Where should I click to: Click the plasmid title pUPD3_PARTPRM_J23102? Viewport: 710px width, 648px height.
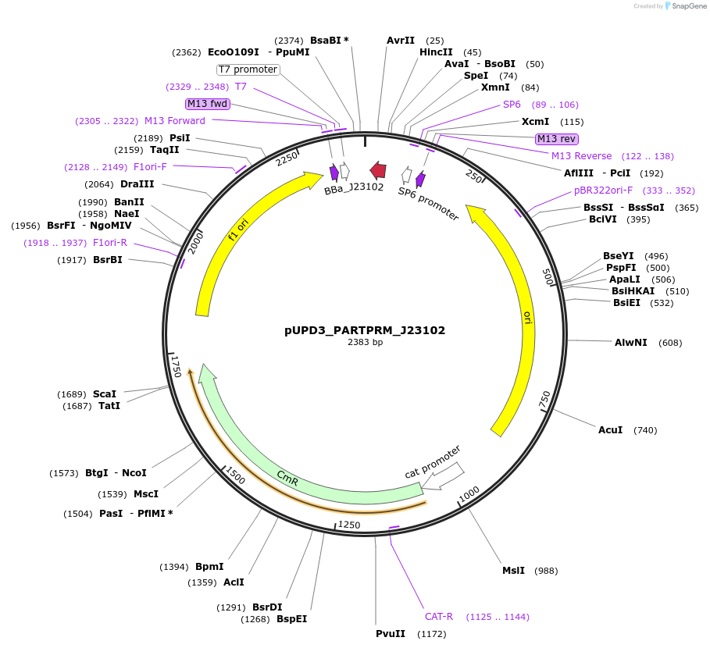pos(365,330)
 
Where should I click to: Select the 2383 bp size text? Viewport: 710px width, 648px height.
pos(365,342)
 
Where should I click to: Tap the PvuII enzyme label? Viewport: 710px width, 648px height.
pos(391,633)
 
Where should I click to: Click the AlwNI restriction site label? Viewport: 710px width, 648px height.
pos(630,342)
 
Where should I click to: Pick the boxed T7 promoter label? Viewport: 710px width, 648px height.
pos(248,69)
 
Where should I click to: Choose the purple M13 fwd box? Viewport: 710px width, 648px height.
pos(207,104)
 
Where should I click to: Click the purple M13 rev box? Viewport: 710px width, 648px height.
pos(556,139)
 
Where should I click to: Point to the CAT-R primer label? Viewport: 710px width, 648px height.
pos(439,616)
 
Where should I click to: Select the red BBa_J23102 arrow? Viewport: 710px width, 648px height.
pos(378,170)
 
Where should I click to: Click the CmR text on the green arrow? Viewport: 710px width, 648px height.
pos(287,478)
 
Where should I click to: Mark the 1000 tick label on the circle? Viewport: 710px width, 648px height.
pos(469,494)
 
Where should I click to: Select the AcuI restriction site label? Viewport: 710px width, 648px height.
pos(610,430)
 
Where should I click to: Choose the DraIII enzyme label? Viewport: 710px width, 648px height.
pos(137,183)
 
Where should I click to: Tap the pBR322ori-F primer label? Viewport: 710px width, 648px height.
pos(603,190)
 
